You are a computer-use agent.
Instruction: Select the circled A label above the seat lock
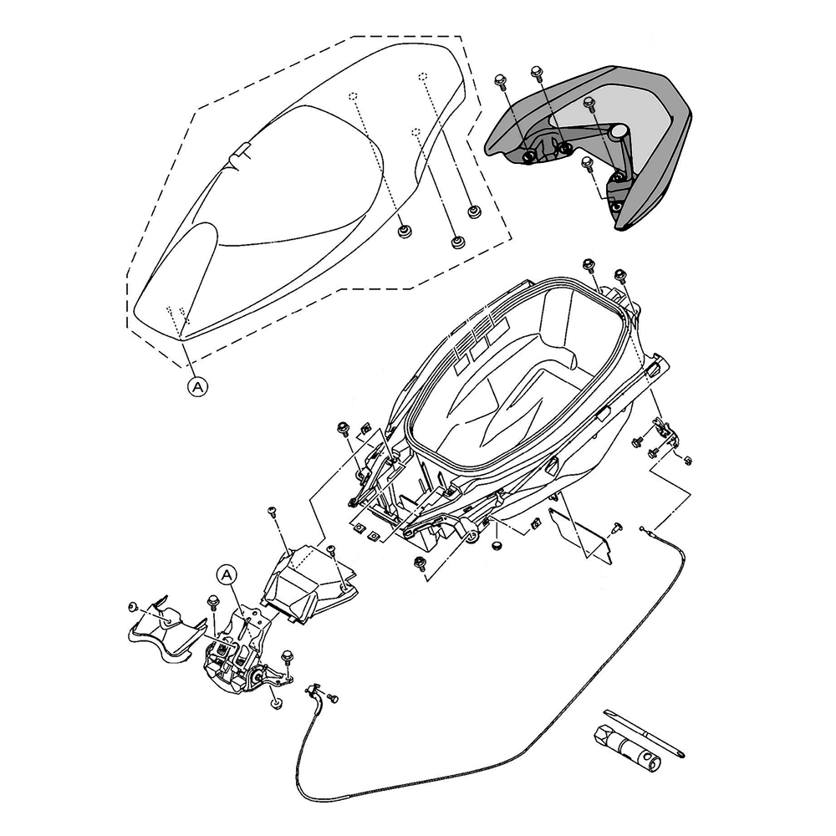pos(227,574)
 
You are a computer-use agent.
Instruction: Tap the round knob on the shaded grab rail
pos(619,131)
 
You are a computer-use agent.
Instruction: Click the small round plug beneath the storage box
pos(497,544)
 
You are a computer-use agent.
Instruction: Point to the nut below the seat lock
pos(275,701)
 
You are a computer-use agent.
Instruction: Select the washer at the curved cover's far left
pos(133,605)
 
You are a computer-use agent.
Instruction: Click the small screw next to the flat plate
pos(617,527)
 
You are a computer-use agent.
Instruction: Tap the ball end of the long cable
pos(643,529)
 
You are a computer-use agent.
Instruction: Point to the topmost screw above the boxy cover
pos(272,510)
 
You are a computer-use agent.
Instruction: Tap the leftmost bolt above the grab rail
pos(500,81)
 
